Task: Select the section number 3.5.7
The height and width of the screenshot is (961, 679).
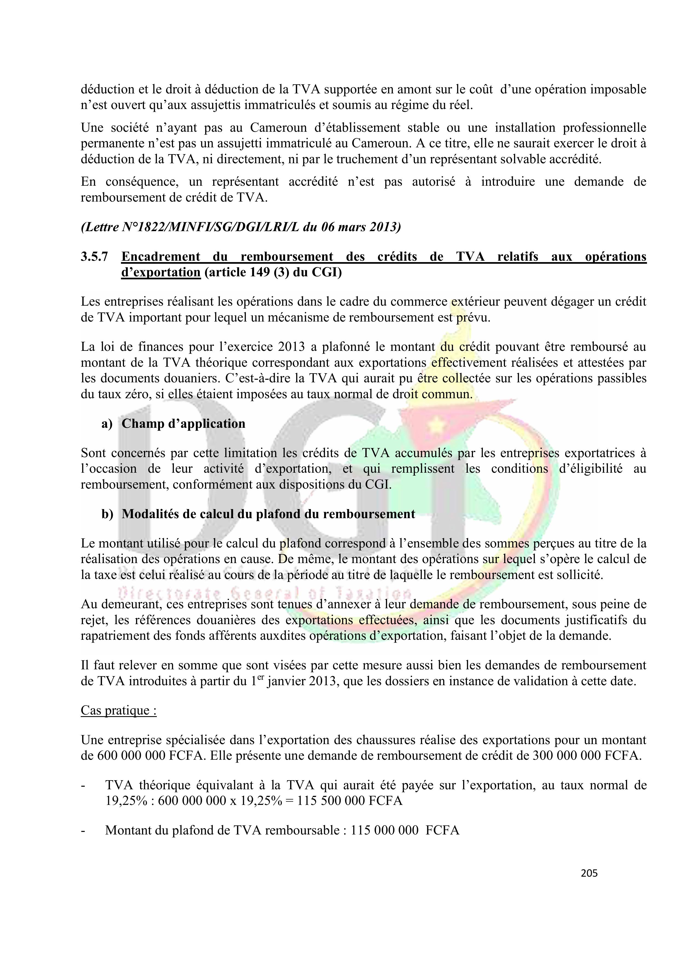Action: (94, 257)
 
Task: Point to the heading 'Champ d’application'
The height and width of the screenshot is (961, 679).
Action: (183, 424)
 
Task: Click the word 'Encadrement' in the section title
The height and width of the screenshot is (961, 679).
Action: (161, 257)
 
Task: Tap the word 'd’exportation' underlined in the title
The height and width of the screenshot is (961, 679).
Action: (161, 272)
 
